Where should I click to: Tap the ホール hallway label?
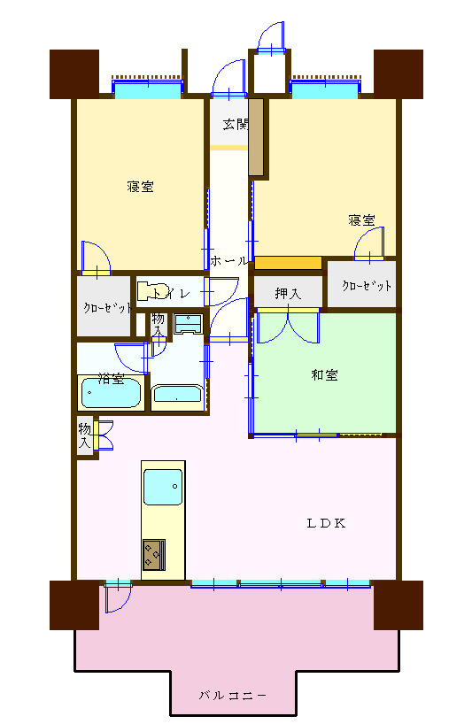click(x=229, y=261)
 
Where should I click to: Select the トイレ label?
click(x=171, y=292)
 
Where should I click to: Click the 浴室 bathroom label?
click(x=111, y=379)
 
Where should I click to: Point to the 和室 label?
click(x=324, y=375)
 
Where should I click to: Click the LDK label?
click(x=326, y=523)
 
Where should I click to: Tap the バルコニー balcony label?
click(x=233, y=696)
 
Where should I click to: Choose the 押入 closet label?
click(x=288, y=293)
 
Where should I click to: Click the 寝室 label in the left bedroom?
click(x=140, y=187)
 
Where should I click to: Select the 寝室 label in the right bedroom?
click(x=360, y=220)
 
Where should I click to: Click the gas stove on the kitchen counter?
click(x=152, y=554)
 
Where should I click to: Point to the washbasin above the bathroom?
click(x=188, y=323)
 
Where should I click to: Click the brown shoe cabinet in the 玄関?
click(x=256, y=136)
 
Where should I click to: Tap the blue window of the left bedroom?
click(x=148, y=89)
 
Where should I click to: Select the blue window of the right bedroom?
click(x=326, y=89)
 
